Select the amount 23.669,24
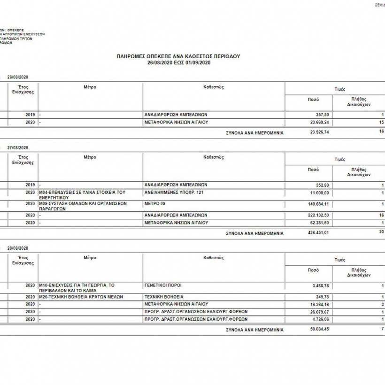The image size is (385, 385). coord(319,122)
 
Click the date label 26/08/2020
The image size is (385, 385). coord(19,77)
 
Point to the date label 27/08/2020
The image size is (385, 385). coord(19,147)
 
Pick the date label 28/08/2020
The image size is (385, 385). coord(19,247)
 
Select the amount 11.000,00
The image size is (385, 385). coord(320,193)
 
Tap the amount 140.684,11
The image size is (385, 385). coord(318,204)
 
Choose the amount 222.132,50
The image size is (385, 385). coord(318,215)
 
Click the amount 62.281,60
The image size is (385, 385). coord(319,223)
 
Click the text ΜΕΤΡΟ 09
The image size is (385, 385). coord(157,204)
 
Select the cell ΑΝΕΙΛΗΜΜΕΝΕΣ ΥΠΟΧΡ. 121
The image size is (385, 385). coord(175,193)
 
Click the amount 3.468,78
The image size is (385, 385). coord(321,285)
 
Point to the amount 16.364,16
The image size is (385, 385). coord(319,304)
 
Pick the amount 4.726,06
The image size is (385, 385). coord(321,319)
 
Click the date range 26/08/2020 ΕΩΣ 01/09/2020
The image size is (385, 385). coord(178,62)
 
